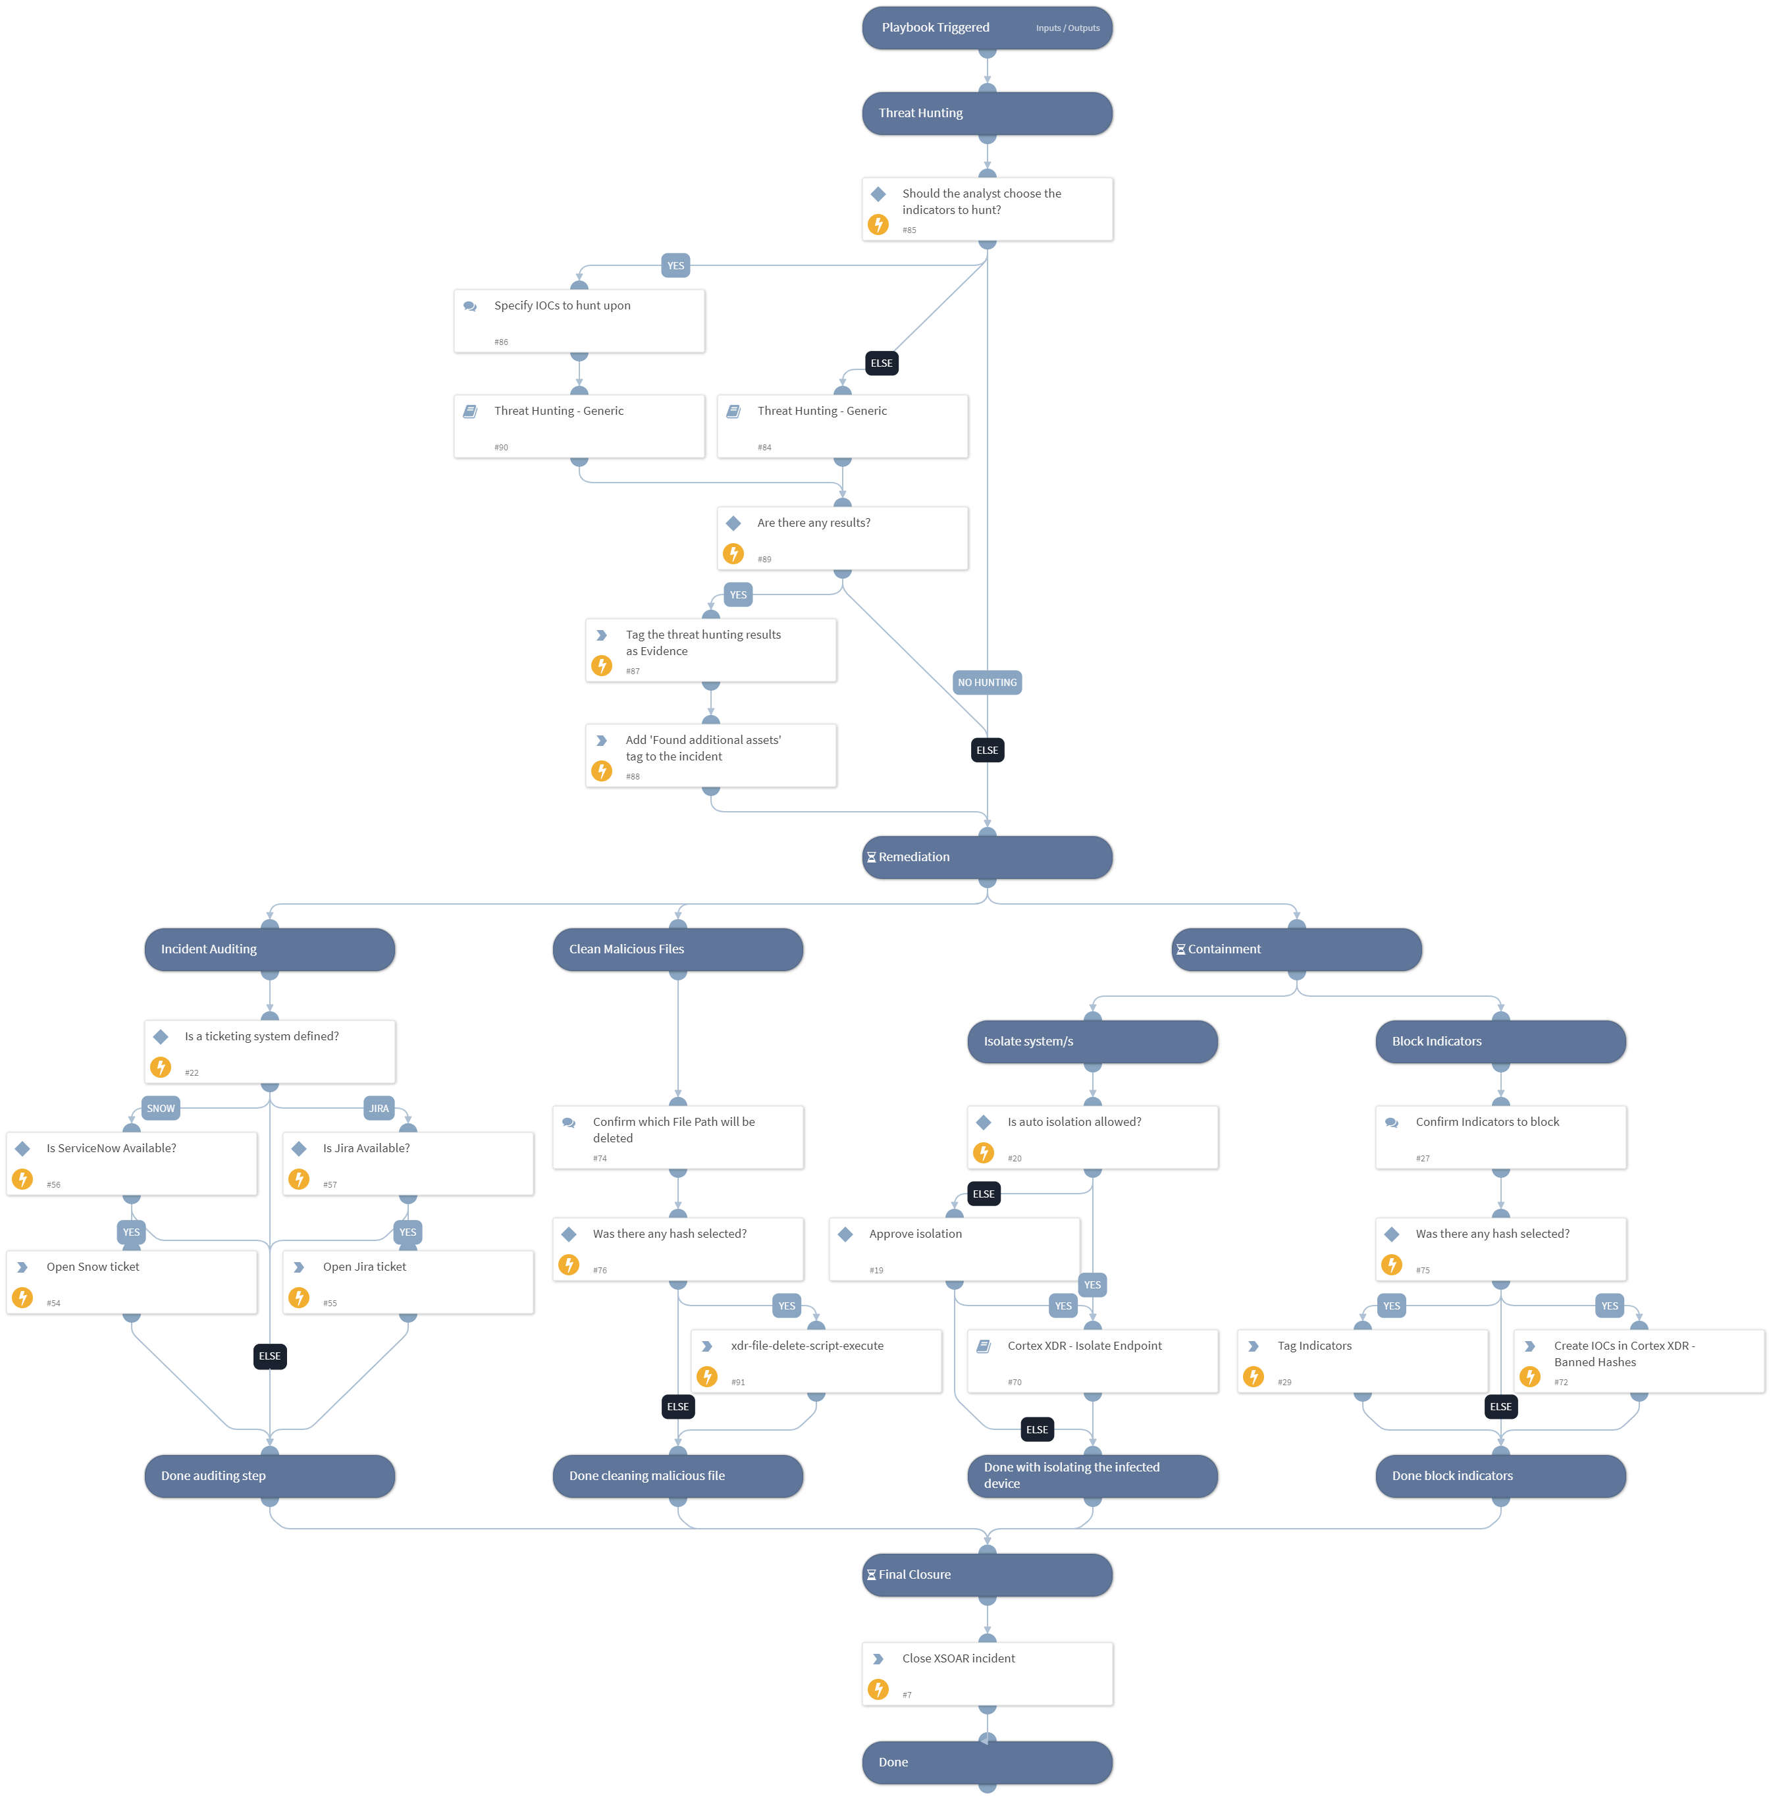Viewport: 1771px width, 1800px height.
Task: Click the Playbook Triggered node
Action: [x=987, y=28]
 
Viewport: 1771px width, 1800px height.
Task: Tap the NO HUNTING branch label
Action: [x=987, y=682]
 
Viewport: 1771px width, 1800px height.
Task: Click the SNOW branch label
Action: [x=161, y=1108]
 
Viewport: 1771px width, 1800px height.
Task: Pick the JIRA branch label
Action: [x=379, y=1108]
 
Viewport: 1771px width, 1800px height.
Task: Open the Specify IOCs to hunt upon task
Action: [x=579, y=321]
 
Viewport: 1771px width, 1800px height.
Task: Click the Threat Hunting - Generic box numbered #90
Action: [x=579, y=426]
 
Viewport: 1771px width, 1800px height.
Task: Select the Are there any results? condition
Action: [x=842, y=538]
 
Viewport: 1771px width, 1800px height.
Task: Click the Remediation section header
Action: [x=987, y=857]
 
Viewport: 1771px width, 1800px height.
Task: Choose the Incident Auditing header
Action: [x=270, y=949]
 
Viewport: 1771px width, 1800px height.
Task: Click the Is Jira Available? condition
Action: [x=408, y=1163]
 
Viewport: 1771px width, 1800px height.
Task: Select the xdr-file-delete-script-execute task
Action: [x=816, y=1361]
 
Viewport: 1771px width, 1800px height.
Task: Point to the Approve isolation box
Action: [x=955, y=1248]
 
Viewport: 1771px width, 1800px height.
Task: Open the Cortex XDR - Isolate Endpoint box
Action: [x=1093, y=1361]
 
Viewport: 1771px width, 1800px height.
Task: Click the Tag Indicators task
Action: [x=1363, y=1361]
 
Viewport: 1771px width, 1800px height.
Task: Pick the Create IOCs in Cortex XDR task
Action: [x=1639, y=1361]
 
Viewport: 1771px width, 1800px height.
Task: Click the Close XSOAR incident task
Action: [x=987, y=1674]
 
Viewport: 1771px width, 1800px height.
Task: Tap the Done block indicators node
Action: [x=1500, y=1475]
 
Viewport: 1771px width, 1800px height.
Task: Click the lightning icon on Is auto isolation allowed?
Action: [x=983, y=1153]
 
